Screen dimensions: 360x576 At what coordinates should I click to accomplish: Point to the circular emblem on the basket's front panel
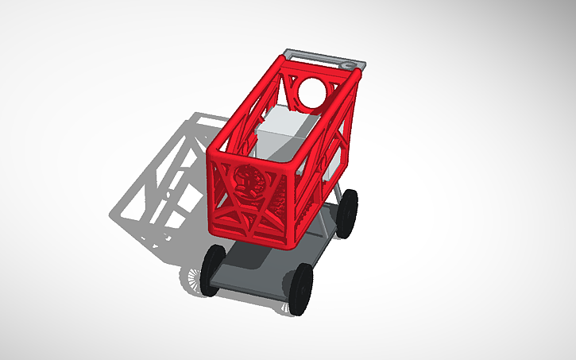pyautogui.click(x=251, y=182)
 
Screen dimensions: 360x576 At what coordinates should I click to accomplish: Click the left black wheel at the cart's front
pyautogui.click(x=213, y=270)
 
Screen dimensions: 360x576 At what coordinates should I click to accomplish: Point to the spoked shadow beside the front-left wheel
pyautogui.click(x=193, y=278)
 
